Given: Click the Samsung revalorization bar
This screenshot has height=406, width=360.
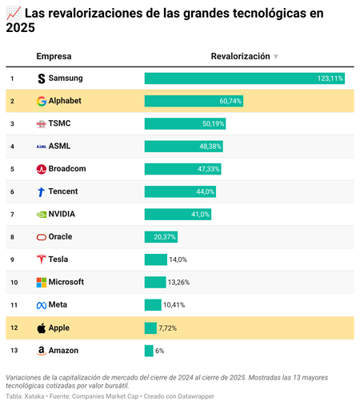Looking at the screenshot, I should point(244,78).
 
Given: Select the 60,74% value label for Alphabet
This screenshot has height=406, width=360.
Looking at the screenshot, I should point(230,101).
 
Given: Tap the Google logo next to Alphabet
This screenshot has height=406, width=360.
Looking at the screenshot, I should point(42,101).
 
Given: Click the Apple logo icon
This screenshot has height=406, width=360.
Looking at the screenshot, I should point(42,328).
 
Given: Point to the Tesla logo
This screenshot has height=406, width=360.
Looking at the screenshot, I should point(42,259).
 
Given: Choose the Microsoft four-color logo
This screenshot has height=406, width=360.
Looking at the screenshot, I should point(42,283).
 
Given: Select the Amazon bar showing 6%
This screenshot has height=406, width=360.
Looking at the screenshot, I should point(149,351).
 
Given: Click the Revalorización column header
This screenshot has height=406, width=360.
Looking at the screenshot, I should point(240,56).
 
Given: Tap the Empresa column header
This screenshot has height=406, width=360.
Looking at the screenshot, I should point(54,56).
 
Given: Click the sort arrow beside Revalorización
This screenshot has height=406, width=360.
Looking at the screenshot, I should point(276,57).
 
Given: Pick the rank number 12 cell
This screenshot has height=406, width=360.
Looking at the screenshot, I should point(13,328).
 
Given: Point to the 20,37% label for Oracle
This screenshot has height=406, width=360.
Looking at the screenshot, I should point(164,237).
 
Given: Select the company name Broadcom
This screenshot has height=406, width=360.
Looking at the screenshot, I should point(67,169).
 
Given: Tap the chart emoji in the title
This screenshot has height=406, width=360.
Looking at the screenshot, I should point(13,14).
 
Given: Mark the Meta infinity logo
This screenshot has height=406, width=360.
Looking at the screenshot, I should point(42,305).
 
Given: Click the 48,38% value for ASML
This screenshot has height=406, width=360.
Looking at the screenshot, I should point(210,147).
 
